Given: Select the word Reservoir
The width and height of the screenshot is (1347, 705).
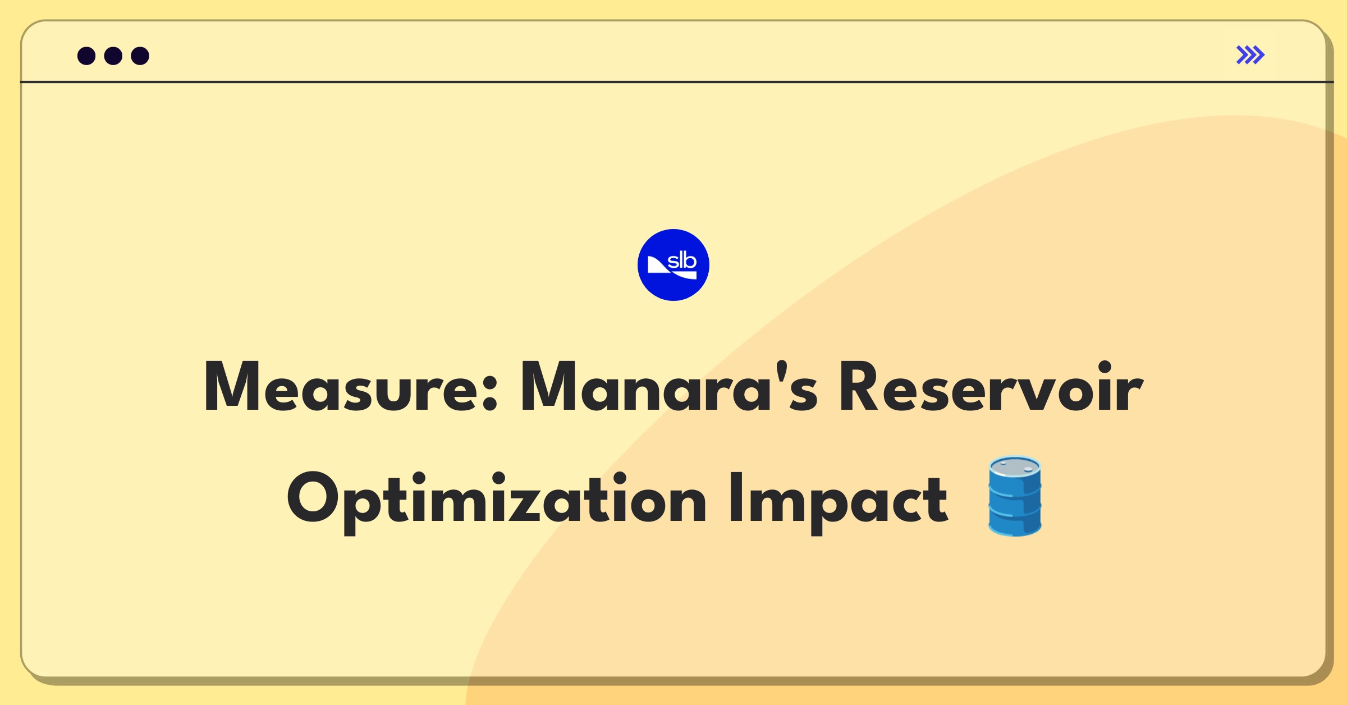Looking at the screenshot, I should click(990, 387).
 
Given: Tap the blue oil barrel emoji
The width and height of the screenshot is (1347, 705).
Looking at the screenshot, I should click(1015, 496).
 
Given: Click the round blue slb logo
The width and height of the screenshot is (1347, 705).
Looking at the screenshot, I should click(673, 265).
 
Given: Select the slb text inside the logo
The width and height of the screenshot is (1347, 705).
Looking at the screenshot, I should click(682, 261).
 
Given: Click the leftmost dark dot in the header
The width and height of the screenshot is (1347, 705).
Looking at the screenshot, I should click(86, 56).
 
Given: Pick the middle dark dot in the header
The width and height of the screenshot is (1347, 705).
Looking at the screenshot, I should click(113, 56).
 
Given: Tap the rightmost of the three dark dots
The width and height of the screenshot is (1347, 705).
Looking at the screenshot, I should click(140, 56).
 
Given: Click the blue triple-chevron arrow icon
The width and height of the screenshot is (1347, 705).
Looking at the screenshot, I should click(1250, 55).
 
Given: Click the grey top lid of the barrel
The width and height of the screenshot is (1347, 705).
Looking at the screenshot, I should click(1015, 466).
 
